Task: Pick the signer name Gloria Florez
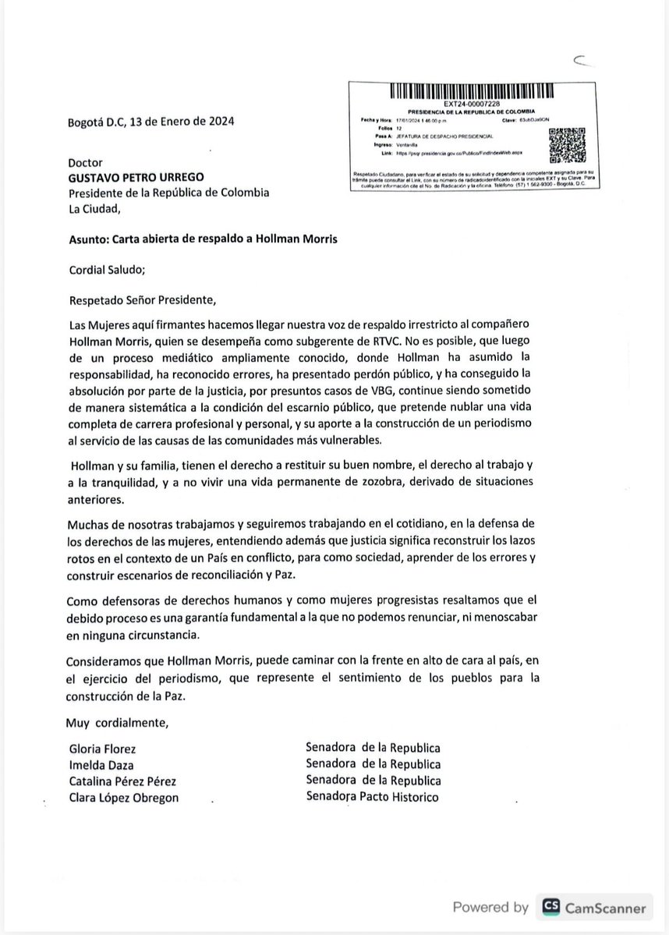point(102,749)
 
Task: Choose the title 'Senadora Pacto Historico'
point(373,796)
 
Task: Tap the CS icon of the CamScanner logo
point(552,907)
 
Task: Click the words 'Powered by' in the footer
point(490,907)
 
